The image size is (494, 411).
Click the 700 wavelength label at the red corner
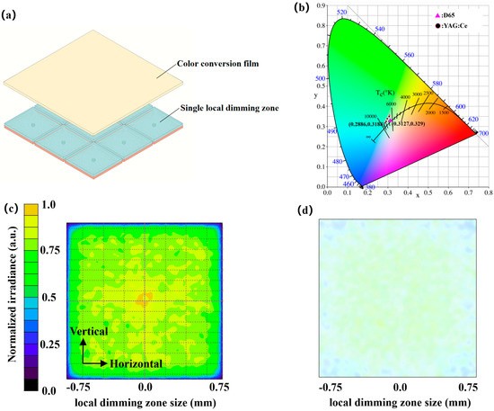tap(484, 133)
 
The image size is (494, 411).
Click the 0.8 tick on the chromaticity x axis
tap(487, 192)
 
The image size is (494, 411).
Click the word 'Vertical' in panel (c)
tap(87, 332)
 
